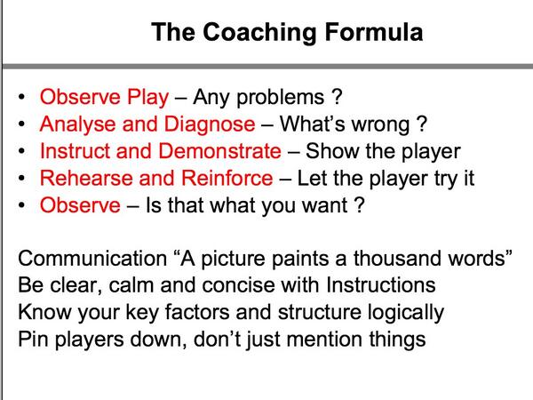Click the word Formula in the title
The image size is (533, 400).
tap(371, 34)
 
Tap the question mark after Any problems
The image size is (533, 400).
tap(334, 96)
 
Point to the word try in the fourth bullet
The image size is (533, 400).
tap(437, 179)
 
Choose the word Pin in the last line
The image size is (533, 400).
tap(33, 340)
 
